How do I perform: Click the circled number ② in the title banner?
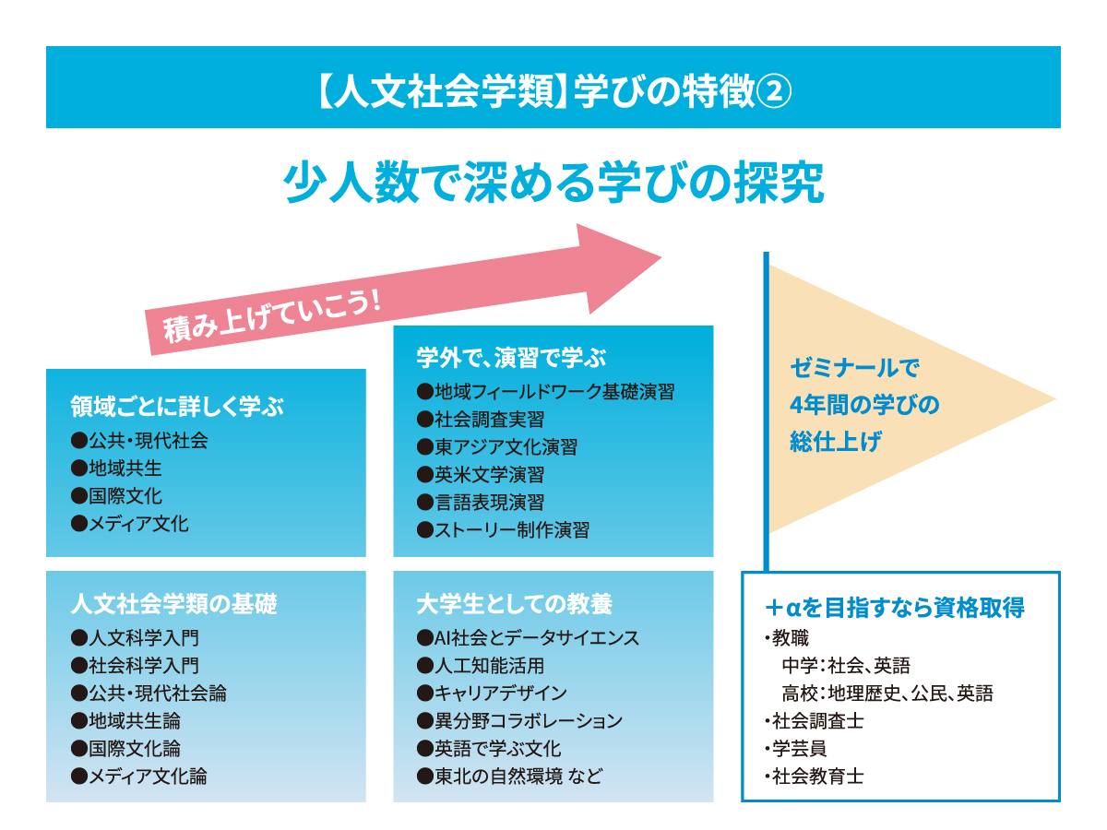coord(773,91)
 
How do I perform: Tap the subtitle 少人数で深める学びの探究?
coord(553,183)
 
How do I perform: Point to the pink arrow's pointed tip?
coord(661,257)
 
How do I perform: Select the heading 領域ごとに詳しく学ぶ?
coord(177,406)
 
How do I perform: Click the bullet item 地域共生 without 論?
coord(116,468)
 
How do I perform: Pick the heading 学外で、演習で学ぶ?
coord(511,357)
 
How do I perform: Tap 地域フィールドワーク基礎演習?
coord(546,392)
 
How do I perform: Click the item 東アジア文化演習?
coord(497,447)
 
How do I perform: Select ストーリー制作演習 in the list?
coord(504,529)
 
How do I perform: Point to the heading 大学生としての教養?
coord(515,604)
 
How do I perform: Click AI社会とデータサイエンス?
coord(528,637)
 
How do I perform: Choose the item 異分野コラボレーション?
coord(520,720)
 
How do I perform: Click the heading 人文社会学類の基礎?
coord(174,604)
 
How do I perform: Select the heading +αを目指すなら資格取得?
coord(895,607)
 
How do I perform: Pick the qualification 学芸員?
coord(796,748)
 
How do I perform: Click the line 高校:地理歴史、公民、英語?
coord(887,694)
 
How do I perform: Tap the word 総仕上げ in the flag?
coord(836,442)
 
